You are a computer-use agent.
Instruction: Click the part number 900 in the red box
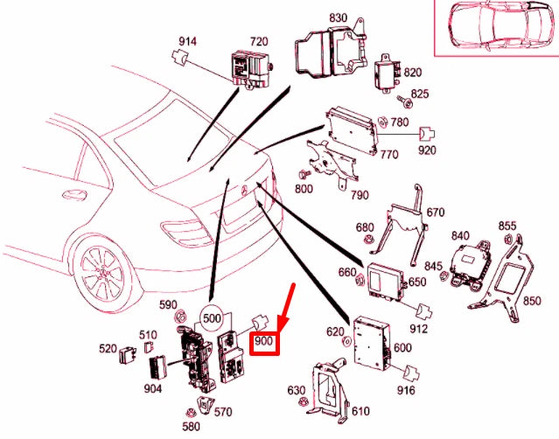[x=265, y=343]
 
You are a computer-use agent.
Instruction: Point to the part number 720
[x=258, y=42]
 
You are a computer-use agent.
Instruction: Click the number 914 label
[x=187, y=41]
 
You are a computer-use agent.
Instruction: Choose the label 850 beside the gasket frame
[x=531, y=302]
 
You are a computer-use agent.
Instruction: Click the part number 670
[x=436, y=213]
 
